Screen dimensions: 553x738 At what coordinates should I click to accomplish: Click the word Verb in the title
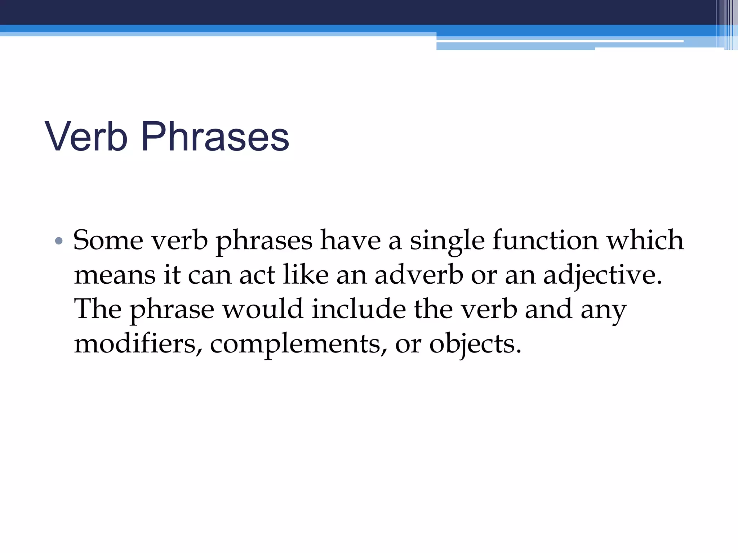[x=86, y=137]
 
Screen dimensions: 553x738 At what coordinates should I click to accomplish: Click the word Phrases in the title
[x=215, y=137]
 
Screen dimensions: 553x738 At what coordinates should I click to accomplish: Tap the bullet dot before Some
[x=59, y=240]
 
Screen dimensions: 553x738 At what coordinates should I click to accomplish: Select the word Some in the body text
[x=108, y=240]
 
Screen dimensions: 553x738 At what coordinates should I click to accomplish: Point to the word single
[x=447, y=240]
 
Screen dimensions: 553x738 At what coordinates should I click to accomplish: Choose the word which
[x=645, y=240]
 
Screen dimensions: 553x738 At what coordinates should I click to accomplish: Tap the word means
[x=115, y=275]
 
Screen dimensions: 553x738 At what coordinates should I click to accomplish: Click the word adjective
[x=603, y=275]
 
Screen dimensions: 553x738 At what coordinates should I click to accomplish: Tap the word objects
[x=475, y=344]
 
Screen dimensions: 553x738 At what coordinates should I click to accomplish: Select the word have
[x=350, y=240]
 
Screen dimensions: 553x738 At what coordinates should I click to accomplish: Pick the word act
[x=257, y=275]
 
